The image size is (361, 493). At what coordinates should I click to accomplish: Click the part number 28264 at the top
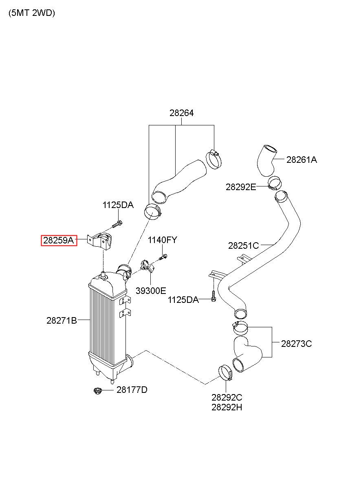coord(181,113)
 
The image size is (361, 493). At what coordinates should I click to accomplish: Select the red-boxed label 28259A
coord(59,240)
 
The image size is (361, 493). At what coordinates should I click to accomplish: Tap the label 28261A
coord(302,160)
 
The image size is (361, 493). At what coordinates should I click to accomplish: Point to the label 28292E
coord(241,187)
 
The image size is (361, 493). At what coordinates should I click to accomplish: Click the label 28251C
coord(243,245)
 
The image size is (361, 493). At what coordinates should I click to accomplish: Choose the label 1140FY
coord(162,240)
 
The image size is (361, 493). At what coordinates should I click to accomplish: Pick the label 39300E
coord(151,291)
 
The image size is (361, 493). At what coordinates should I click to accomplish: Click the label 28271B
coord(62,320)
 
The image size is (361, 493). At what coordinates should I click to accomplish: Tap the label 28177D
coord(132,390)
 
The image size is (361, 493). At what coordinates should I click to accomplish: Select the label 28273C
coord(296,344)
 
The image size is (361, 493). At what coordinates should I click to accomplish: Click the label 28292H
coord(227,408)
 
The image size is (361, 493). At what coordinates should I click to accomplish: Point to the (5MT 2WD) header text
coord(32,13)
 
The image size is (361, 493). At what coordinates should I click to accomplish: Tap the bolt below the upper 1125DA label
coord(117,224)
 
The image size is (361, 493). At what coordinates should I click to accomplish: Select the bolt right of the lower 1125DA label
coord(213,296)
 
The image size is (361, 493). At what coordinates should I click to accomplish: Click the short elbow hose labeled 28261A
coord(266,160)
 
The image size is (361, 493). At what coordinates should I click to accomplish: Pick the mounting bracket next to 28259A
coord(99,242)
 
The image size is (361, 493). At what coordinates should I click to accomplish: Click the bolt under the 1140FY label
coord(163,257)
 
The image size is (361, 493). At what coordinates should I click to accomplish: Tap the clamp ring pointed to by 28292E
coord(275,183)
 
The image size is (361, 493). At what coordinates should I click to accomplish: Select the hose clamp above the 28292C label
coord(225,372)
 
